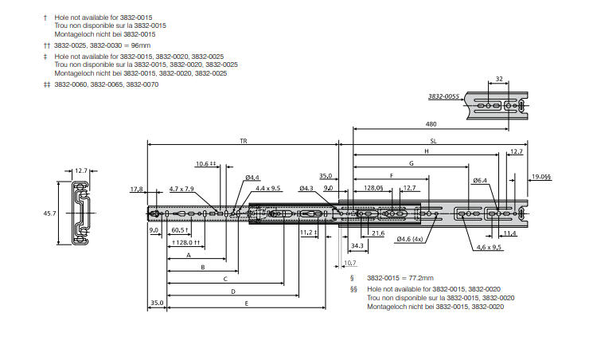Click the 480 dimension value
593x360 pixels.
(431, 125)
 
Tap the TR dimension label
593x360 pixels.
(243, 140)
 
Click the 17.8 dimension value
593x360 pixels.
(136, 189)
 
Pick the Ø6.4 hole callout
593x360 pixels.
(479, 181)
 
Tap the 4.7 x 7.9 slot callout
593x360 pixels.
(181, 189)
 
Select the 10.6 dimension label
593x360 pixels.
(205, 164)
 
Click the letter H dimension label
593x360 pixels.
(427, 151)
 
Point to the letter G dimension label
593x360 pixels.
(412, 162)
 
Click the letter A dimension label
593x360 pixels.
(189, 256)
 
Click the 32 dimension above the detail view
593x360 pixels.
(499, 79)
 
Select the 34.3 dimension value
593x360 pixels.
(357, 246)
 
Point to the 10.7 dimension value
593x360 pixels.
(350, 262)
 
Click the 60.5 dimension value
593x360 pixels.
(180, 230)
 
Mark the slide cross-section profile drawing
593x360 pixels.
(80, 211)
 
